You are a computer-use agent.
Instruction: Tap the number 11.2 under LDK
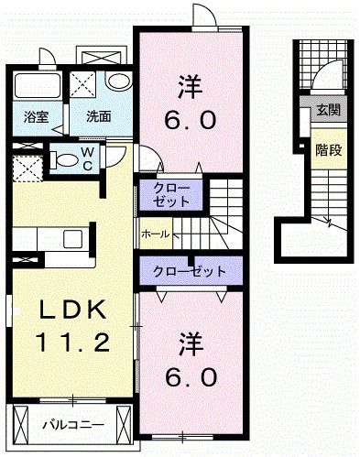click(x=73, y=343)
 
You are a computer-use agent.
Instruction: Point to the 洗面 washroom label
click(x=99, y=116)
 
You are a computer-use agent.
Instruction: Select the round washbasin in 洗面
click(x=117, y=82)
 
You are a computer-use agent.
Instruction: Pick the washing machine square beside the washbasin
click(x=87, y=84)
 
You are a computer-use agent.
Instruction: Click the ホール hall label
click(x=155, y=234)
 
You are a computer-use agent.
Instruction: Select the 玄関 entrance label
click(x=327, y=110)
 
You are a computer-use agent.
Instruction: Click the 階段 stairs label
click(x=327, y=148)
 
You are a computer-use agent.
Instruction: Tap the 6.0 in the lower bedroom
click(x=191, y=376)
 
